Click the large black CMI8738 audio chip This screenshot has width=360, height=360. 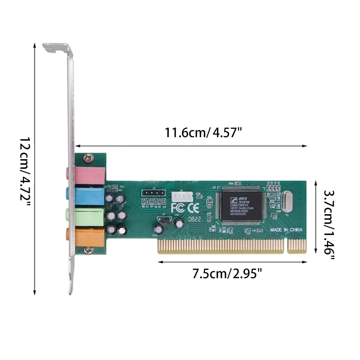(x=241, y=206)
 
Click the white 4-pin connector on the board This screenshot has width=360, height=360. (x=182, y=197)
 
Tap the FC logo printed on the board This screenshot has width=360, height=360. (x=178, y=208)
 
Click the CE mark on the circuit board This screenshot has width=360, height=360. (x=193, y=208)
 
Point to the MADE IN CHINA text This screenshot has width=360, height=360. (x=286, y=229)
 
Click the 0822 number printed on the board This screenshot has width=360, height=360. (x=195, y=220)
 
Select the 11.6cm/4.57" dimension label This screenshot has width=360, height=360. (x=203, y=133)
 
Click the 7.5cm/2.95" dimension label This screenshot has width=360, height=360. (x=227, y=273)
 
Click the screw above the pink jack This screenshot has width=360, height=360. (x=89, y=158)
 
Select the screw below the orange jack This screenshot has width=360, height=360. (x=89, y=250)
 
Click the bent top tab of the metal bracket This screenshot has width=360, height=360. (x=57, y=47)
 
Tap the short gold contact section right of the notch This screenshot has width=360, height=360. (x=297, y=246)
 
